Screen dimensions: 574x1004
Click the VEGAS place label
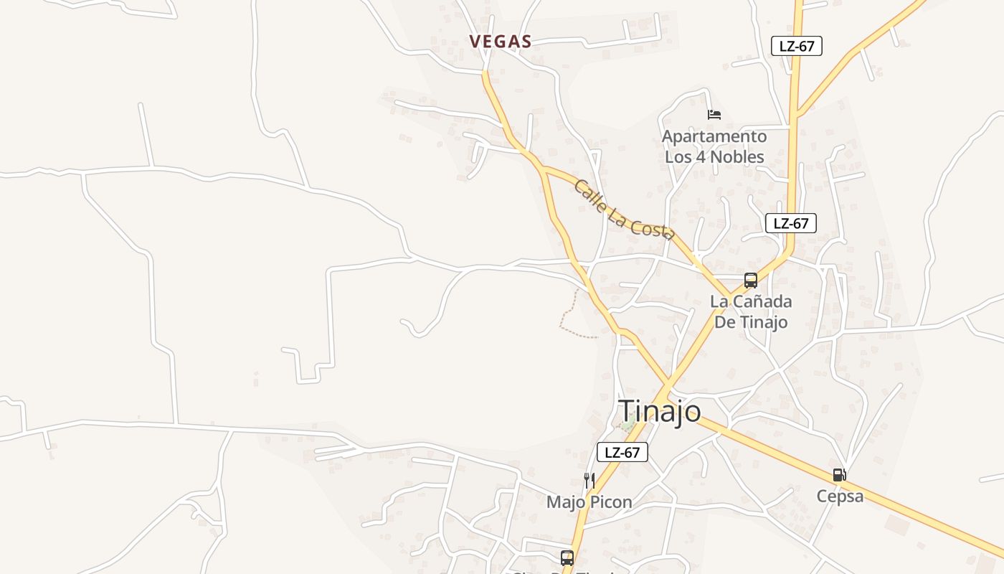501,42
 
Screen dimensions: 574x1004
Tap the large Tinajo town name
660,411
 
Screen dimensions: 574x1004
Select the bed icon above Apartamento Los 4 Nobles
714,114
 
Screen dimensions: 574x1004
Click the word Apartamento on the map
714,136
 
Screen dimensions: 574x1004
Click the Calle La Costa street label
623,209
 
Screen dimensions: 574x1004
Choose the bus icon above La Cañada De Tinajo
750,281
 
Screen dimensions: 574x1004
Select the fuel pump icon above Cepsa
839,475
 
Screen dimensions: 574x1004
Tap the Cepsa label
840,496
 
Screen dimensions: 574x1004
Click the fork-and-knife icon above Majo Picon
589,480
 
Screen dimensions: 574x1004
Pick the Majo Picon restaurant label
589,502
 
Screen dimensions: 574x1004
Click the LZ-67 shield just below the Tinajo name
622,452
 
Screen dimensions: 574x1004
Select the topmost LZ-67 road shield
796,46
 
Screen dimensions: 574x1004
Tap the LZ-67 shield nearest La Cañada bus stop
790,223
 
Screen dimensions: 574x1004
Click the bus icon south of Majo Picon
567,557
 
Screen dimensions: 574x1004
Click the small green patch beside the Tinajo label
629,425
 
